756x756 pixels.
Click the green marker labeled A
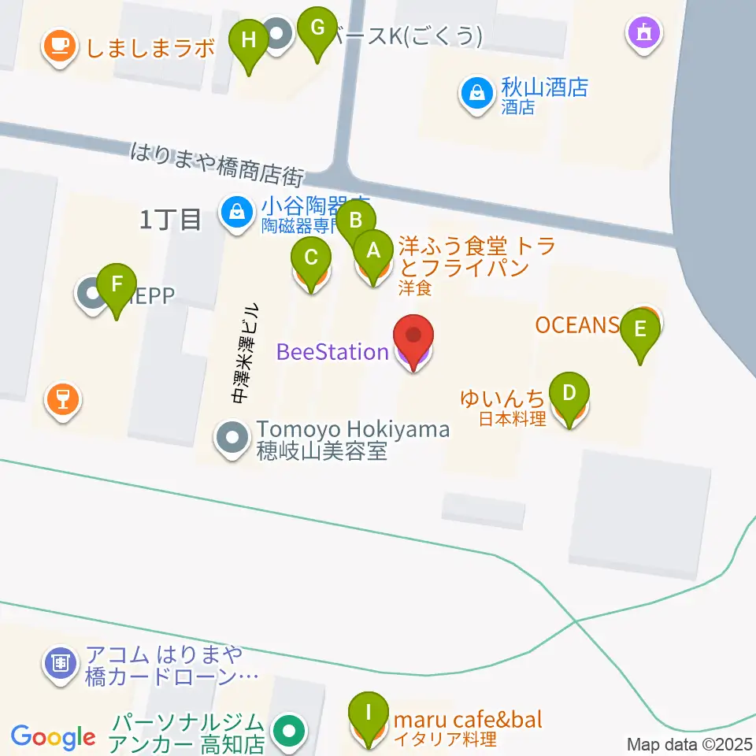(x=374, y=251)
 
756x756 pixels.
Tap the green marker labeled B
(x=356, y=221)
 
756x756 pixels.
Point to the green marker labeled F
(x=117, y=283)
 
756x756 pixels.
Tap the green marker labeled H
(x=249, y=40)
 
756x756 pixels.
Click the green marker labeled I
(x=368, y=713)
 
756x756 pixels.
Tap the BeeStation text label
(x=332, y=351)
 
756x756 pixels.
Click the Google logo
(x=54, y=738)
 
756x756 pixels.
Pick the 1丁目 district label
(x=170, y=220)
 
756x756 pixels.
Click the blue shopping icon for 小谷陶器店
(x=235, y=210)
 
